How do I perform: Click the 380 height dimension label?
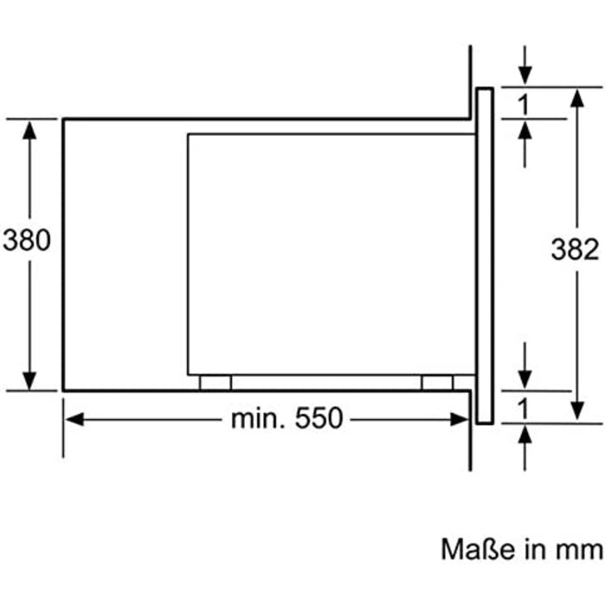[x=27, y=240]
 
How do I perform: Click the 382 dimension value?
[x=575, y=250]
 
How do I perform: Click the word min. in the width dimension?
[x=259, y=419]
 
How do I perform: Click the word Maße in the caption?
[x=474, y=549]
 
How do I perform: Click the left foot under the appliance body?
[x=216, y=383]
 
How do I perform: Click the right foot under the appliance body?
[x=437, y=383]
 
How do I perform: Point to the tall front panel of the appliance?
[x=484, y=255]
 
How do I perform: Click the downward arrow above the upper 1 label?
[x=525, y=75]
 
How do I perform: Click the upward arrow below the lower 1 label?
[x=525, y=435]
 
